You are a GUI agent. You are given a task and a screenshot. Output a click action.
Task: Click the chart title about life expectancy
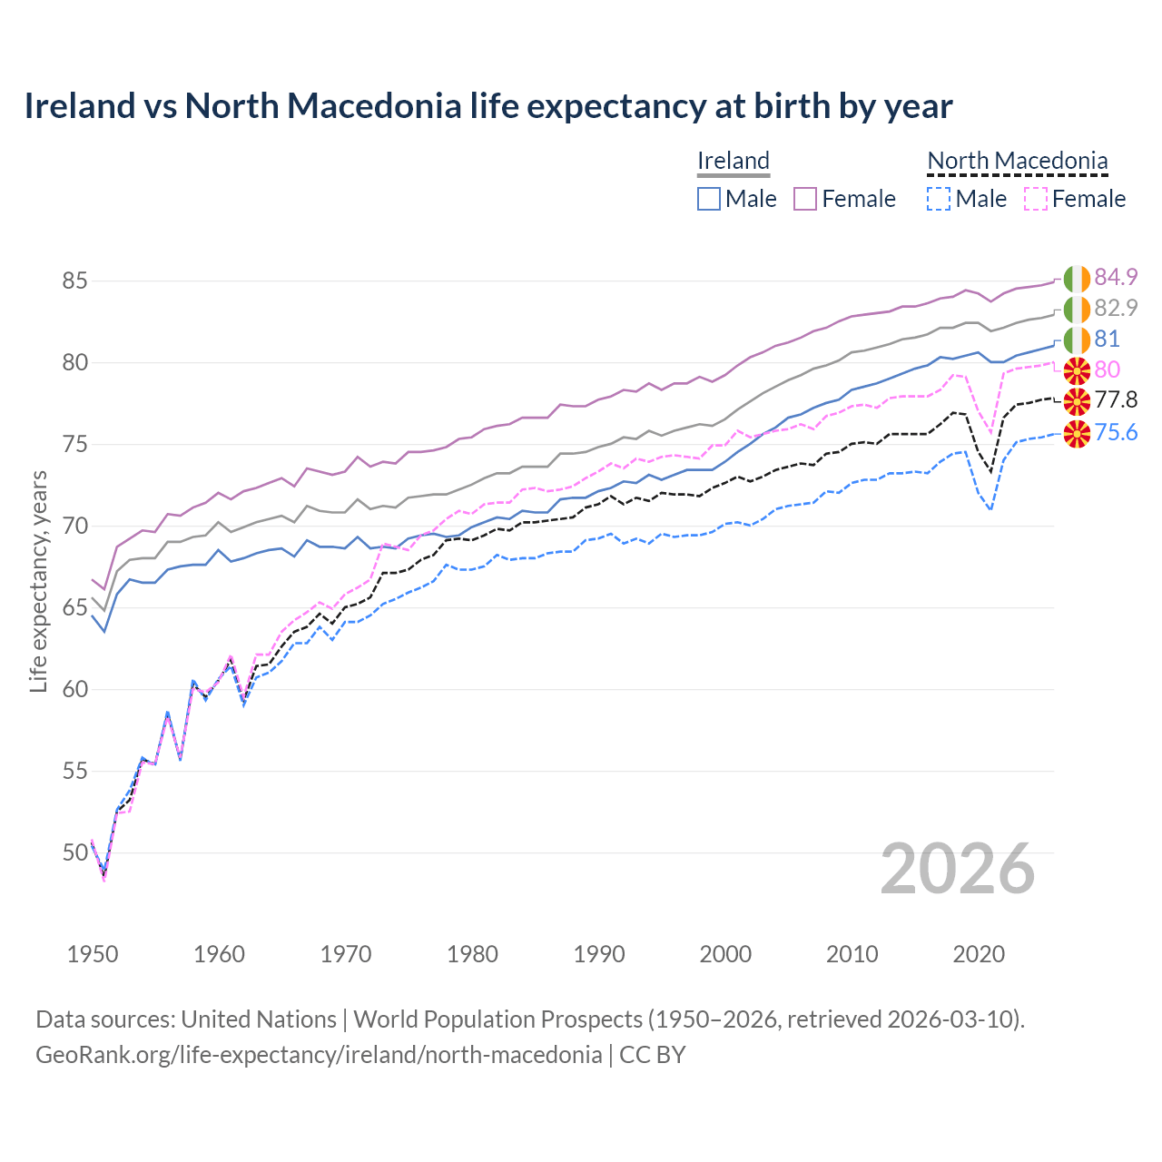coord(488,106)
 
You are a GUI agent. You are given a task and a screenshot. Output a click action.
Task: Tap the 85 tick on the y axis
coord(74,281)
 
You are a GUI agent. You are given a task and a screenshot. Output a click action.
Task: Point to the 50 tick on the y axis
coord(74,852)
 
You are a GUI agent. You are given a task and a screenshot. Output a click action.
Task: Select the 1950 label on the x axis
coord(93,954)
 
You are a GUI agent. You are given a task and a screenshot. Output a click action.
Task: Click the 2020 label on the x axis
coord(979,954)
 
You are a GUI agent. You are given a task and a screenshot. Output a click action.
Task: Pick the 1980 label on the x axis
coord(472,954)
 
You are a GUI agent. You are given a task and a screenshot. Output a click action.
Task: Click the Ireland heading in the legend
coord(734,161)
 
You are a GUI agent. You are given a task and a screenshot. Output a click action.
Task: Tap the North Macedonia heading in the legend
coord(1017,161)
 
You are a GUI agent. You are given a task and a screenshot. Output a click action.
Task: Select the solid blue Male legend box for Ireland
coord(709,199)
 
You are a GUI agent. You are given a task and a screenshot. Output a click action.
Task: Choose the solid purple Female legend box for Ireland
coord(805,199)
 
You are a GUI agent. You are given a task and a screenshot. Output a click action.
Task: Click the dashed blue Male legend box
coord(939,199)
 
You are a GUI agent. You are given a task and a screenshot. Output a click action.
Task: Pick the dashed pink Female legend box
coord(1036,199)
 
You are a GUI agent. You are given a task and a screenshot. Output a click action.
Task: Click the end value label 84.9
coord(1116,277)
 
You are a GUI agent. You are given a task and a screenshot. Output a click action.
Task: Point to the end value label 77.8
coord(1116,400)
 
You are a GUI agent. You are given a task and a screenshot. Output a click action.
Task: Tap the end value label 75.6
coord(1116,432)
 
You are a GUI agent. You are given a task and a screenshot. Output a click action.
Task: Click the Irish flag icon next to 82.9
coord(1077,309)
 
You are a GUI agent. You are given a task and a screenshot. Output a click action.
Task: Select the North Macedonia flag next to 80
coord(1077,370)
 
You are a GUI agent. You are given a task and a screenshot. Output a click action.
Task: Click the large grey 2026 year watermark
coord(958,869)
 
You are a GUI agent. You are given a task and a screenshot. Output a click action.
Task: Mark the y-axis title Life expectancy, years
coord(39,581)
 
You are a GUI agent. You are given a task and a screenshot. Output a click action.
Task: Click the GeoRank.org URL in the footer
coord(319,1055)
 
